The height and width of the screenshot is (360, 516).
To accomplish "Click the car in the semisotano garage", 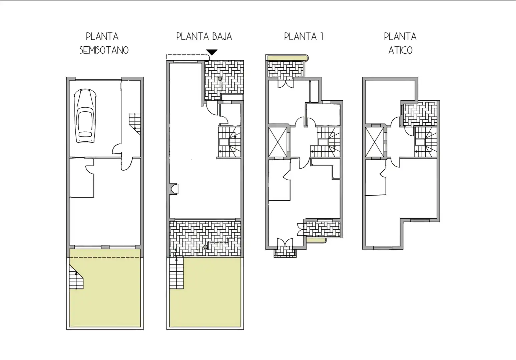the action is [85, 116].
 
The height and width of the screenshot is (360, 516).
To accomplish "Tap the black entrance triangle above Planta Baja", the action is [212, 52].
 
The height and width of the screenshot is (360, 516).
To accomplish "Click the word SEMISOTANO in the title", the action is [104, 50].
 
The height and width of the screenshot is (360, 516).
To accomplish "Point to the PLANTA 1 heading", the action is [304, 36].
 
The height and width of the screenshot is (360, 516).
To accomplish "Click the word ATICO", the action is [400, 50].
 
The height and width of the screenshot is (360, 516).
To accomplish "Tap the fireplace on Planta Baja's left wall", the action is [174, 189].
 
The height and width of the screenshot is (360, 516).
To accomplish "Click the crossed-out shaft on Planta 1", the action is [278, 142].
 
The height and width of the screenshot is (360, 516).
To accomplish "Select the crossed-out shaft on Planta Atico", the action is [375, 142].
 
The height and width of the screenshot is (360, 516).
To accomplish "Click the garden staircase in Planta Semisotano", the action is [76, 277].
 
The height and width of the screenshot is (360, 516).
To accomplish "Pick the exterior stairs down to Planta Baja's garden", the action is [176, 273].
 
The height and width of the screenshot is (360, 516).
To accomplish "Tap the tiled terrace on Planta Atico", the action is [420, 114].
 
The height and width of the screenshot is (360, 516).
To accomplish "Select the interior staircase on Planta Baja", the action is [229, 142].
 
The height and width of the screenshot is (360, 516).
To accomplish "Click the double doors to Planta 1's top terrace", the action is [286, 84].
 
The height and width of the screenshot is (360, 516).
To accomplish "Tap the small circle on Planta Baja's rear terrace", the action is [205, 247].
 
